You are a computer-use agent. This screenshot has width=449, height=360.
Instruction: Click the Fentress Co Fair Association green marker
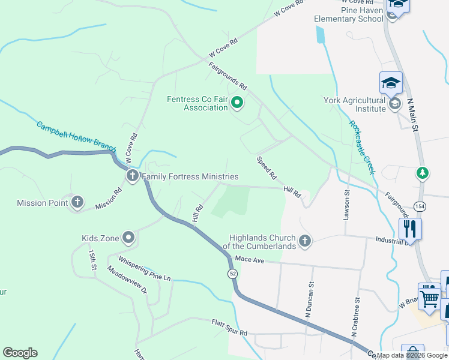point(237,103)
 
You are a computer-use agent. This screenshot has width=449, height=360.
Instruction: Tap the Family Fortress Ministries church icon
point(132,176)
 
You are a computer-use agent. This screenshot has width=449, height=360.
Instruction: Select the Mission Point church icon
point(77,203)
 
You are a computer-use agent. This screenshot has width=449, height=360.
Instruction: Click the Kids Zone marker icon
point(128,238)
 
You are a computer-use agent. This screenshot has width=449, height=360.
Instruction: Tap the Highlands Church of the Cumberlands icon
point(305,241)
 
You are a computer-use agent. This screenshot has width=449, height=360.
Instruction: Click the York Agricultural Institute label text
point(354,104)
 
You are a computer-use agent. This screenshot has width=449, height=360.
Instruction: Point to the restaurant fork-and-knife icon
point(410,228)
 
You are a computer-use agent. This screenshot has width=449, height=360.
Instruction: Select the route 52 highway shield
point(232,274)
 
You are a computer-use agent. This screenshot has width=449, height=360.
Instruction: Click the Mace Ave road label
point(250,259)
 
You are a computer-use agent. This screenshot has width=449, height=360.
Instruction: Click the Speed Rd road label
point(267,169)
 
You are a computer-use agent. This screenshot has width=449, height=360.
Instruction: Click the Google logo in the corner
point(20,353)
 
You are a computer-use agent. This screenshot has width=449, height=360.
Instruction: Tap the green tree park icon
point(423,173)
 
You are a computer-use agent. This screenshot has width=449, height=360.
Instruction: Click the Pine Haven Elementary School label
point(349,14)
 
